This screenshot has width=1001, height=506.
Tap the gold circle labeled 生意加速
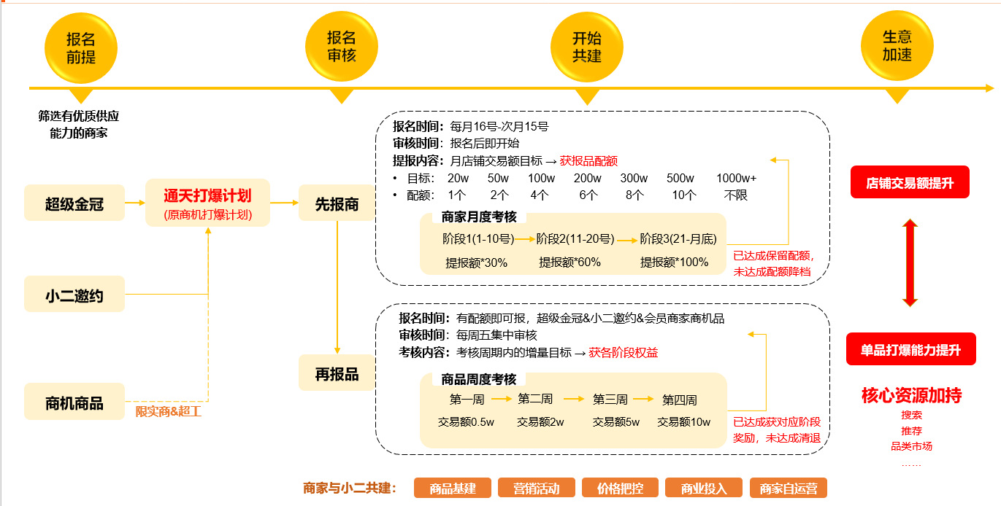click(x=897, y=47)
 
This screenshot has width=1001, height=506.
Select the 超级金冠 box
click(x=74, y=204)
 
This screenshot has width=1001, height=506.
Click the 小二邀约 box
click(x=74, y=295)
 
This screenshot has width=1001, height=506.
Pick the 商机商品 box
click(x=74, y=402)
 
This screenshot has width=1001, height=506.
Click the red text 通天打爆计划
click(x=208, y=195)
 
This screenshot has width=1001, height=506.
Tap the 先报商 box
click(x=337, y=204)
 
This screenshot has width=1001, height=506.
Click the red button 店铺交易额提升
click(x=910, y=183)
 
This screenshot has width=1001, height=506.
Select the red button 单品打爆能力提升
click(x=910, y=349)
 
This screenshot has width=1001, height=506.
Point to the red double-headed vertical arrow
click(x=910, y=262)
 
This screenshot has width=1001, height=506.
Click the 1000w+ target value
click(x=736, y=179)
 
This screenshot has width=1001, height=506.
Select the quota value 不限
click(x=735, y=195)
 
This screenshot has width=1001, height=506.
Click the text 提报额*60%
click(x=569, y=262)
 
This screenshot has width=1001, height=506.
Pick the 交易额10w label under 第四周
click(x=683, y=422)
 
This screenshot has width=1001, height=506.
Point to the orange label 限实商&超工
click(x=168, y=412)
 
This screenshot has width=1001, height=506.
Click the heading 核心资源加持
click(x=911, y=396)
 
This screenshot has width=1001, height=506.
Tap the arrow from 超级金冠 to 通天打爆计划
click(x=135, y=203)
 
